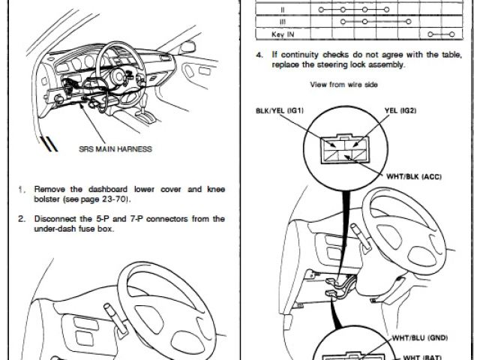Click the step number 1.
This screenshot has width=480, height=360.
[22, 189]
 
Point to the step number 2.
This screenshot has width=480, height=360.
[22, 219]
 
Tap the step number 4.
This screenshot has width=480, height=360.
[258, 55]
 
